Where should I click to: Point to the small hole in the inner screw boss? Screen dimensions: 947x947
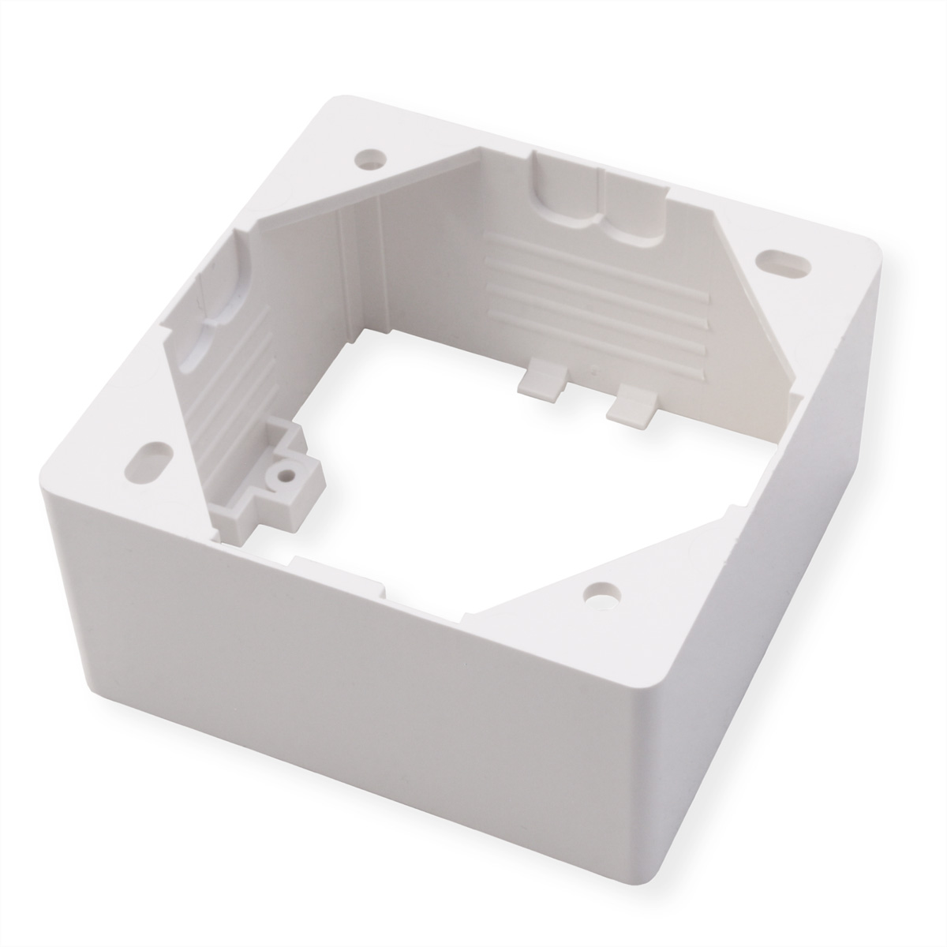point(281,476)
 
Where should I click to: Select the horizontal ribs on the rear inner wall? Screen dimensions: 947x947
point(600,292)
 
